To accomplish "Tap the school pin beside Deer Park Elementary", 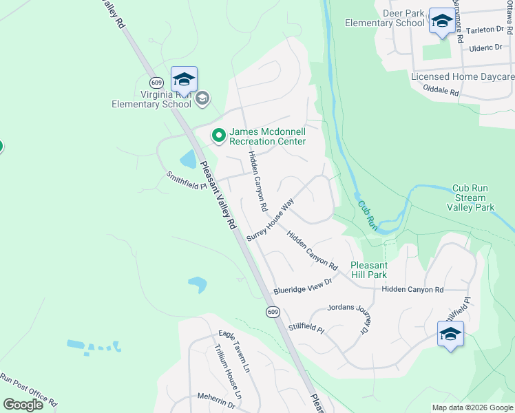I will pos(441,21).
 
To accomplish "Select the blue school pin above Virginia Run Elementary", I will pos(184,79).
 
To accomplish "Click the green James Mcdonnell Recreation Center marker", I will pos(219,136).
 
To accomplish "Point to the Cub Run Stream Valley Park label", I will pos(471,198).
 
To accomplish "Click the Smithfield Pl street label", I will pos(186,180).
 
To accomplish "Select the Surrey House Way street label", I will pos(271,220).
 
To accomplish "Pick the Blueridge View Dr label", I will pos(302,286).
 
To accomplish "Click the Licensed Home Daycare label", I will pos(463,76).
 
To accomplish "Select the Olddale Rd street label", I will pos(441,89).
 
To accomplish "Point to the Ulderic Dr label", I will pos(485,47).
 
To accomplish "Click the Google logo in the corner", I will pos(23,405).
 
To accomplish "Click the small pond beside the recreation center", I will pos(187,160).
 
